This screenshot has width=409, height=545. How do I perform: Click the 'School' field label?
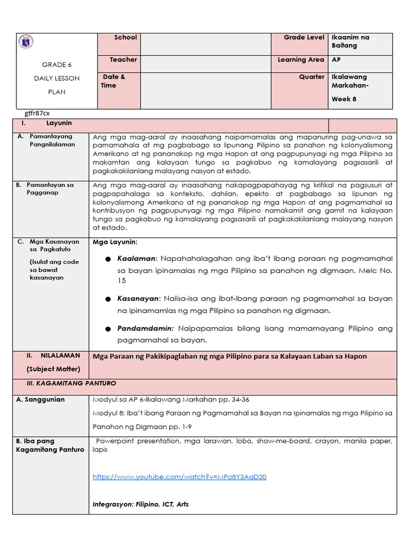pyautogui.click(x=125, y=38)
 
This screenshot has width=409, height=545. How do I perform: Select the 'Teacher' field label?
pyautogui.click(x=123, y=60)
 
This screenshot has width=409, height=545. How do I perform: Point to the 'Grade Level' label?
pyautogui.click(x=304, y=38)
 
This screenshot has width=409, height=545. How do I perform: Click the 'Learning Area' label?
pyautogui.click(x=300, y=60)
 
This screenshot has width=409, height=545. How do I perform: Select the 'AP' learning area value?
pyautogui.click(x=336, y=60)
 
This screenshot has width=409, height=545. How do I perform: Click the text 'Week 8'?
pyautogui.click(x=344, y=99)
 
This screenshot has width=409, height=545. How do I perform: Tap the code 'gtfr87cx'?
pyautogui.click(x=37, y=113)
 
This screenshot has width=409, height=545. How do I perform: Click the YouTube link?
pyautogui.click(x=179, y=477)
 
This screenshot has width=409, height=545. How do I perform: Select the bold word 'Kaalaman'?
pyautogui.click(x=137, y=258)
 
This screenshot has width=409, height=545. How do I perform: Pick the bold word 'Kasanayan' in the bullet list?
pyautogui.click(x=139, y=299)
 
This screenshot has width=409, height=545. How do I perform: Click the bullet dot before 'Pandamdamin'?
pyautogui.click(x=108, y=329)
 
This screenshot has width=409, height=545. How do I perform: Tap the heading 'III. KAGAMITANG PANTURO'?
pyautogui.click(x=71, y=383)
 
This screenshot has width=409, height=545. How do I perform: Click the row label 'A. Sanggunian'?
pyautogui.click(x=40, y=400)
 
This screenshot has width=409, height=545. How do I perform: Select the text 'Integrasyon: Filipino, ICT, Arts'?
pyautogui.click(x=141, y=504)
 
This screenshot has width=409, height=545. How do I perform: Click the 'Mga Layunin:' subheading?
pyautogui.click(x=114, y=242)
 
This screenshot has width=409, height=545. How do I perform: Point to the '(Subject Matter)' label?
pyautogui.click(x=53, y=369)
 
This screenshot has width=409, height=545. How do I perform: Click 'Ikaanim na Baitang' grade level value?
pyautogui.click(x=350, y=42)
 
